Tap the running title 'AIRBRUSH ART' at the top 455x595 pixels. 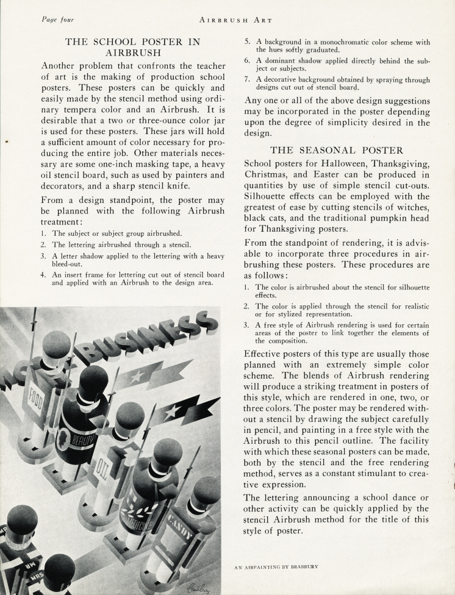point(227,20)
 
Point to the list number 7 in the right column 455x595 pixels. point(247,80)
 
